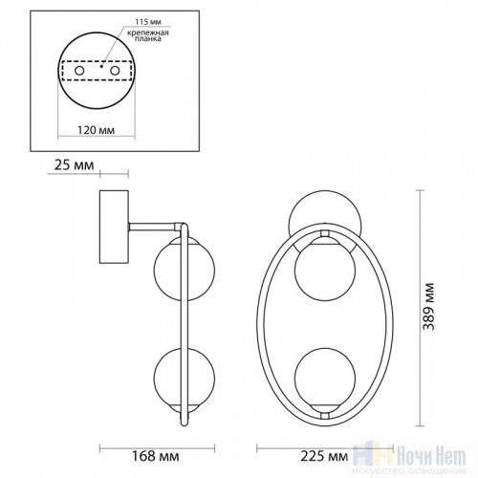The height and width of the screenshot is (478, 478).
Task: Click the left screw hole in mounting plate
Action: pyautogui.click(x=80, y=72)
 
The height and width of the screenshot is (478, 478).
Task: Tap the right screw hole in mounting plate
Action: pyautogui.click(x=115, y=72)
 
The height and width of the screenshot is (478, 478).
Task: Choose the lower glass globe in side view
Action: pyautogui.click(x=174, y=380)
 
